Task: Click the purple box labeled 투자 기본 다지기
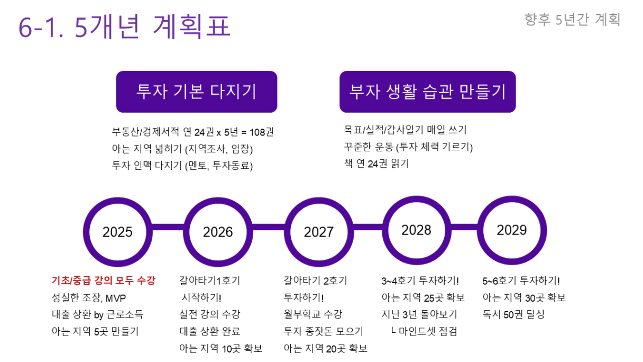click(x=197, y=92)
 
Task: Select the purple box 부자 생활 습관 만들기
click(x=428, y=92)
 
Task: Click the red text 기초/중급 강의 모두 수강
click(x=103, y=280)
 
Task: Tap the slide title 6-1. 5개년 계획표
click(x=125, y=26)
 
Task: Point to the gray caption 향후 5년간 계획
click(x=572, y=20)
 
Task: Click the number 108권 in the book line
click(x=262, y=132)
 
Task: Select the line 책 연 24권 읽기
click(x=376, y=164)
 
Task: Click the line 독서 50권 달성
click(x=513, y=314)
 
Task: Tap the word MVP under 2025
click(x=116, y=298)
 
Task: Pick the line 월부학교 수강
click(x=313, y=314)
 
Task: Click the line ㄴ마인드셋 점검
click(x=424, y=331)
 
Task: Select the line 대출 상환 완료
click(x=210, y=331)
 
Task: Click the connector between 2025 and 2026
click(x=168, y=227)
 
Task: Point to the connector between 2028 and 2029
click(x=464, y=227)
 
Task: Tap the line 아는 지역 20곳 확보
click(x=326, y=348)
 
